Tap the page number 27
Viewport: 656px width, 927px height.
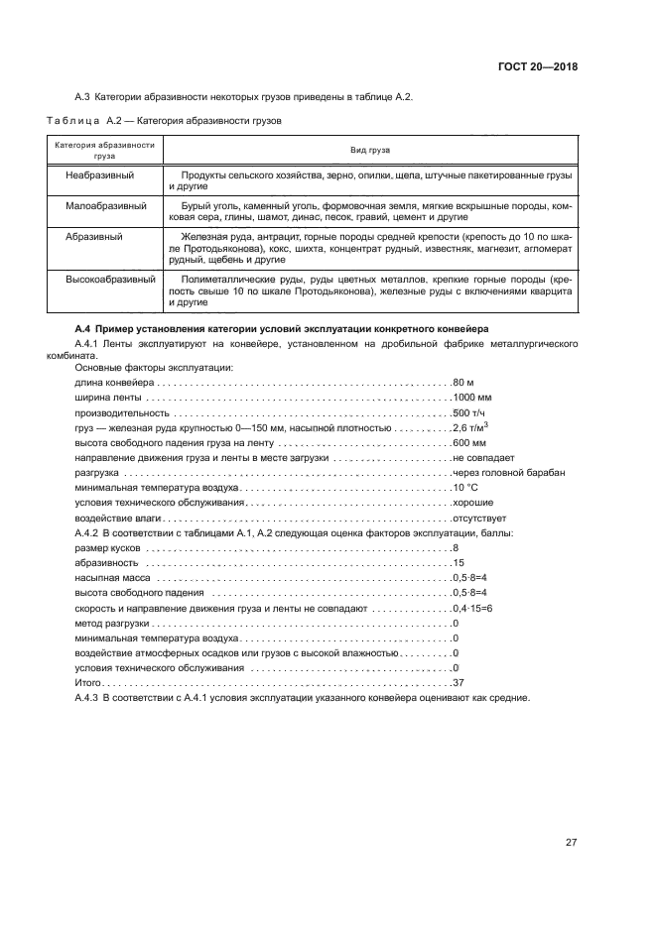(571, 843)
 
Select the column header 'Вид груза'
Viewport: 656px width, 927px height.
(369, 150)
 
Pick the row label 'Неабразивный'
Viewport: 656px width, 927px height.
(100, 174)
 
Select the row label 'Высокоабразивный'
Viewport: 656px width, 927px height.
(110, 280)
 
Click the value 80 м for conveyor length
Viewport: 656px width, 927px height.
(463, 382)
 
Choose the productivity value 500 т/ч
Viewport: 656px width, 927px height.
(469, 412)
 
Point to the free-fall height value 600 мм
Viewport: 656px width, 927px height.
(469, 442)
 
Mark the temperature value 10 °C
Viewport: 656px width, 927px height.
(465, 488)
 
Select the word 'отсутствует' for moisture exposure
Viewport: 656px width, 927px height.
(479, 518)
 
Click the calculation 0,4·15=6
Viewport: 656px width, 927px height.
(472, 608)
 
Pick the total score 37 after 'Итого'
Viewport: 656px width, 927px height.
(458, 683)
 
